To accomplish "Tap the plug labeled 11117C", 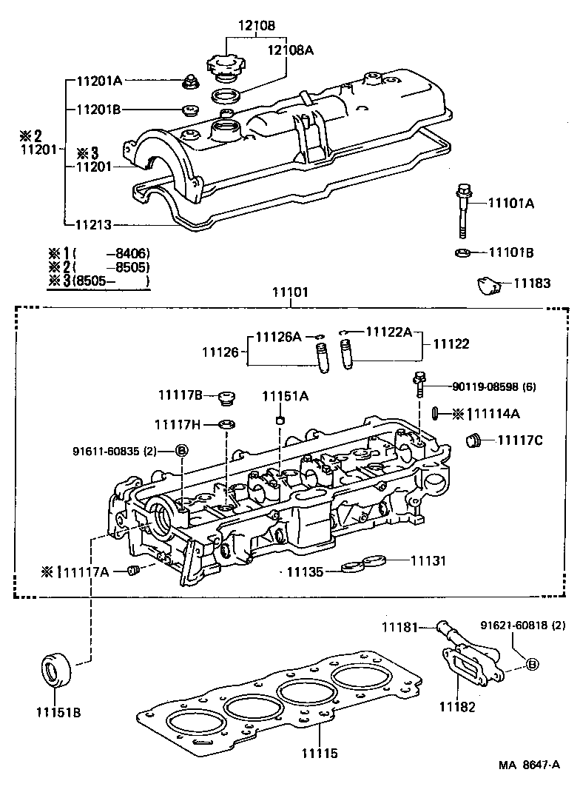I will click(x=472, y=442).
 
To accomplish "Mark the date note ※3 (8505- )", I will click(x=98, y=281).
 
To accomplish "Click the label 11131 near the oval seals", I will click(x=428, y=561).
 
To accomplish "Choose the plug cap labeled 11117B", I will click(x=227, y=400).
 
